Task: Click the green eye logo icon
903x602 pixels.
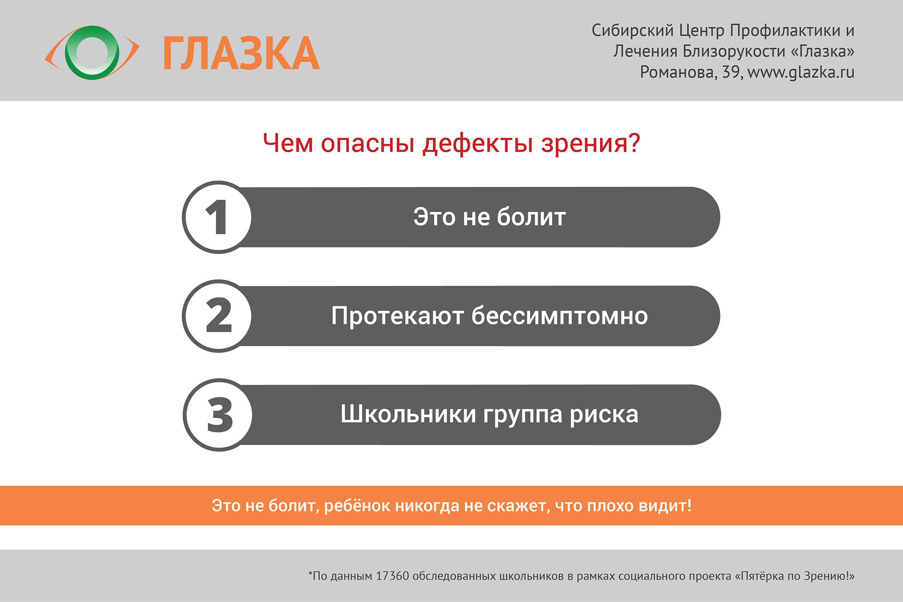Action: tap(92, 53)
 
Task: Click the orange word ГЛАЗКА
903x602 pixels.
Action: tap(241, 54)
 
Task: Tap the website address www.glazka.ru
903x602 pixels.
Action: tap(800, 72)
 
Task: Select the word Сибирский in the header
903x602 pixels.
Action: tap(633, 31)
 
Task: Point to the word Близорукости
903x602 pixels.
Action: tap(734, 51)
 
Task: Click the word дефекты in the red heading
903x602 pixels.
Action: tap(477, 143)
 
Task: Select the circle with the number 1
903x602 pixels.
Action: tap(217, 217)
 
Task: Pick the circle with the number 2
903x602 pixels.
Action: tap(217, 316)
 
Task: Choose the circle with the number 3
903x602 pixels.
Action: tap(218, 415)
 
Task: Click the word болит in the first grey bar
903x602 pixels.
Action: tap(531, 217)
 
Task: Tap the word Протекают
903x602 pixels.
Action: tap(397, 316)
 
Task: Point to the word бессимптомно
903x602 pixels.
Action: tap(560, 316)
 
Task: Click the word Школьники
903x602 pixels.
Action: tap(408, 414)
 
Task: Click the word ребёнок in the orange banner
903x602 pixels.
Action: tap(357, 506)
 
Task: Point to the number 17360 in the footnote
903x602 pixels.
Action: tap(392, 576)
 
